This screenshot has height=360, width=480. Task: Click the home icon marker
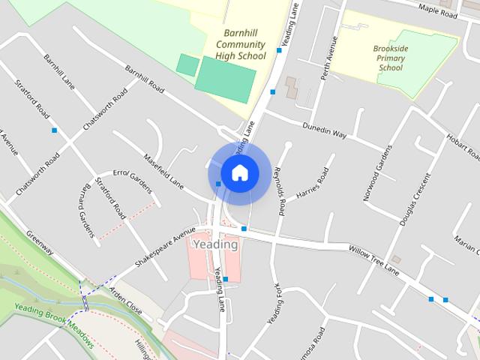tap(239, 172)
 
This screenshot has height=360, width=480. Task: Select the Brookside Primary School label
tap(390, 58)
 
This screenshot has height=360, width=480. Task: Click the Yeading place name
tap(215, 244)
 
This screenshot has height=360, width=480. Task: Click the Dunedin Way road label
tap(324, 130)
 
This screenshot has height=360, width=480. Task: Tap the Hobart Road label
tap(462, 137)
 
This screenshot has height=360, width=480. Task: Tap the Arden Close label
tap(125, 300)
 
